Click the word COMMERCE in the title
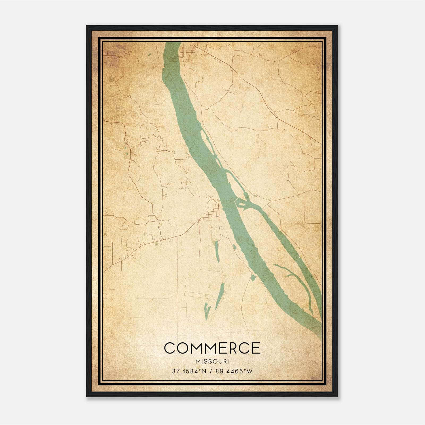212,348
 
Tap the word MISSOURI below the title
212,362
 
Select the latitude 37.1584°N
189,371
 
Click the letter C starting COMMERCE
170,348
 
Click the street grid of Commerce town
214,213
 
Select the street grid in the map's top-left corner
109,56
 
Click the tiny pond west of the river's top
149,55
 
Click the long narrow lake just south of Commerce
216,250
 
